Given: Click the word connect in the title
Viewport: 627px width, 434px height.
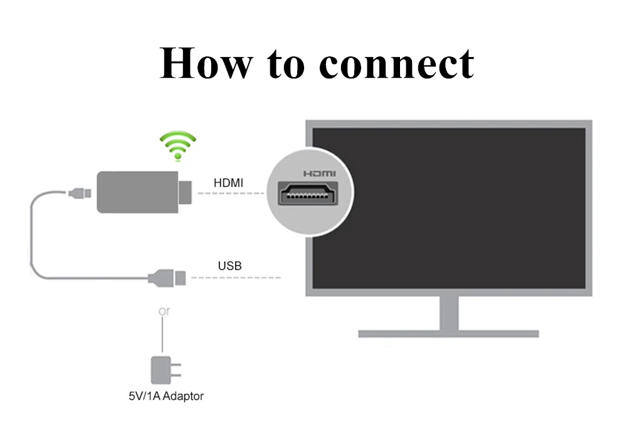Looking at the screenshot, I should click(397, 63).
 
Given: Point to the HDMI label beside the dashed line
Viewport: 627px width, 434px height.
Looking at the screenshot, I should click(229, 183).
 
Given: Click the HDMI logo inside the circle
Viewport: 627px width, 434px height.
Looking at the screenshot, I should click(319, 174).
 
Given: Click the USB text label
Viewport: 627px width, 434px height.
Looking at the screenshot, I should click(229, 266).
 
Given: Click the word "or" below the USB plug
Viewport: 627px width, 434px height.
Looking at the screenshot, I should click(164, 311).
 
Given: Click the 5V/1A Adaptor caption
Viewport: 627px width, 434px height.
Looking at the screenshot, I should click(162, 396).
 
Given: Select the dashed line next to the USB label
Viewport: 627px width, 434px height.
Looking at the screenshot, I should click(235, 277).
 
